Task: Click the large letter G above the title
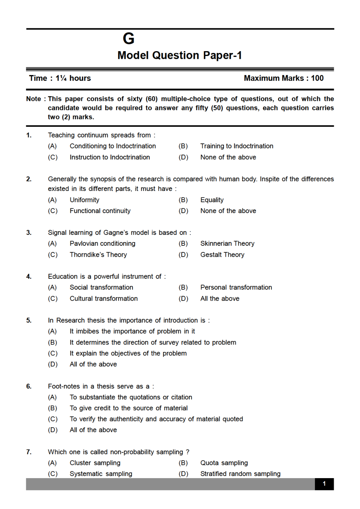[x=128, y=38]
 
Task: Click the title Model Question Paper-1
[x=180, y=55]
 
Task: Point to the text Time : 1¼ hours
[x=60, y=78]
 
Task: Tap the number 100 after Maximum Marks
[x=317, y=78]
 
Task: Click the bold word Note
[x=33, y=99]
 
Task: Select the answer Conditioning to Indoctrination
[x=112, y=146]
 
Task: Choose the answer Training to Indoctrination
[x=237, y=146]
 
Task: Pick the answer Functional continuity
[x=100, y=211]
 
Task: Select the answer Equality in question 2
[x=212, y=200]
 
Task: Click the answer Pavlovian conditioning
[x=102, y=244]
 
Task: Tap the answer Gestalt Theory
[x=222, y=255]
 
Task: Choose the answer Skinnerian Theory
[x=227, y=244]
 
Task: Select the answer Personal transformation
[x=236, y=288]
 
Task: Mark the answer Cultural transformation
[x=103, y=299]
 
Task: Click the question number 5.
[x=29, y=321]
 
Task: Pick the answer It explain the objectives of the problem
[x=128, y=354]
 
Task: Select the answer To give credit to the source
[x=128, y=408]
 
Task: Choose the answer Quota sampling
[x=224, y=463]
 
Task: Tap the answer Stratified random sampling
[x=240, y=474]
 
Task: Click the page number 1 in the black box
[x=324, y=484]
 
